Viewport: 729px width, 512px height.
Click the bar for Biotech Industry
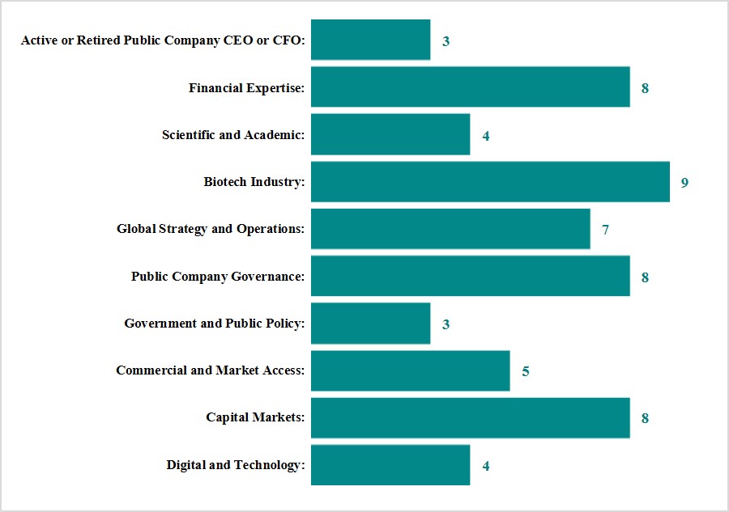[x=490, y=182]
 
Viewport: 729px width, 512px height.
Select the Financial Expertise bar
[x=470, y=87]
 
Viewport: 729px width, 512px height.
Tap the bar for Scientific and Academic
[x=390, y=135]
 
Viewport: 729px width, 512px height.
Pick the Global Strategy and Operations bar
[x=450, y=229]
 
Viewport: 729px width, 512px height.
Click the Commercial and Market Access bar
[x=410, y=371]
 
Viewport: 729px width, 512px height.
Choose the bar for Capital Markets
[x=470, y=418]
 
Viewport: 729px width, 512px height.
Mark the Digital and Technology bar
[x=390, y=465]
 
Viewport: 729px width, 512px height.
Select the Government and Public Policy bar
[x=370, y=324]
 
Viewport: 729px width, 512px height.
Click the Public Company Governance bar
[x=470, y=277]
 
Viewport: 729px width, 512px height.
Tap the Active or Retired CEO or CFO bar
[x=370, y=40]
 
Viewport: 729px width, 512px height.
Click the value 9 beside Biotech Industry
[x=684, y=183]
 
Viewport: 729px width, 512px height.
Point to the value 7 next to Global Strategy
[x=605, y=230]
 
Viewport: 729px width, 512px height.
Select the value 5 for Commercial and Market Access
[x=526, y=372]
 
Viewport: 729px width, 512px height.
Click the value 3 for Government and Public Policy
[x=446, y=324]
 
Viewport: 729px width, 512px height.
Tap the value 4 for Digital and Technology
[x=486, y=466]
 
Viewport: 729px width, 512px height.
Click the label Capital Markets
[x=255, y=418]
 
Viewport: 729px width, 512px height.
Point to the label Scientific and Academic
[x=233, y=135]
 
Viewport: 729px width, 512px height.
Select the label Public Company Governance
[x=218, y=277]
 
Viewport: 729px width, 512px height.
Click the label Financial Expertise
[x=246, y=87]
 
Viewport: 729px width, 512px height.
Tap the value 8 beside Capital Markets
[x=645, y=419]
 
